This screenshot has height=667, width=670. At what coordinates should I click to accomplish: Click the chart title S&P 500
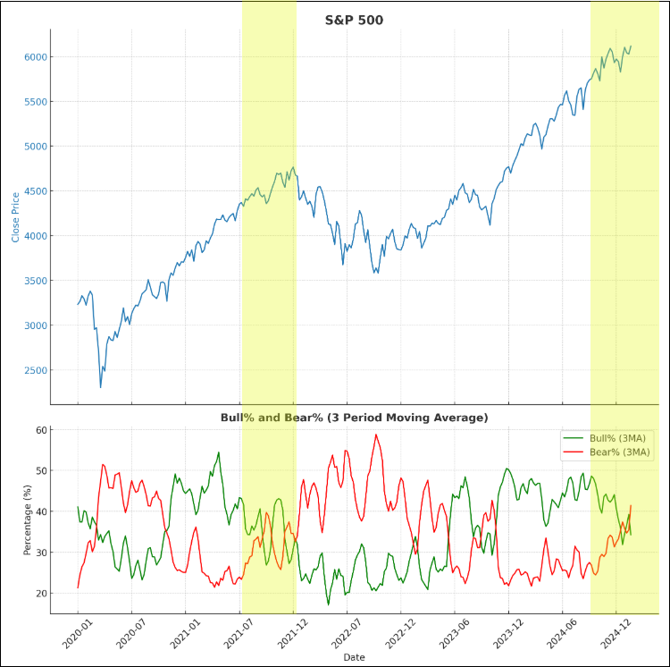[x=354, y=20]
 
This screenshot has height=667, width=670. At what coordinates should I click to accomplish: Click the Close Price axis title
[x=16, y=217]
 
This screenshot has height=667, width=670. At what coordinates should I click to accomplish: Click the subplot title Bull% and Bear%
[x=354, y=418]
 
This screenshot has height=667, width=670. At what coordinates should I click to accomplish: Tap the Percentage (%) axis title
[x=28, y=520]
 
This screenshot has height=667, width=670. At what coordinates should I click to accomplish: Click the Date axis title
[x=354, y=657]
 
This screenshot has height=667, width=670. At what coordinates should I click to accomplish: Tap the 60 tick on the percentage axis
[x=40, y=430]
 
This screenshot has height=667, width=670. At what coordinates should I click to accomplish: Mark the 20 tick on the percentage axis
[x=40, y=594]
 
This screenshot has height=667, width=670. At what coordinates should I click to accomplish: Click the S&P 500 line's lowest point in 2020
[x=100, y=387]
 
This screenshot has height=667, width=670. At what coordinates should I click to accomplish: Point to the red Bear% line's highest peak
[x=376, y=435]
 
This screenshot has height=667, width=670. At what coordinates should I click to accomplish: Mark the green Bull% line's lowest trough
[x=328, y=604]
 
